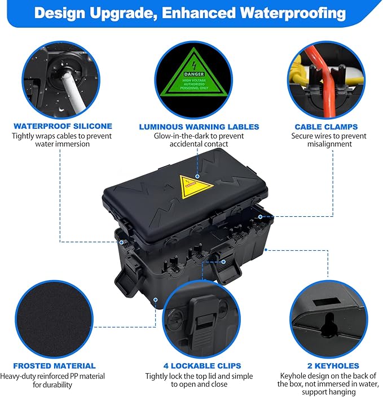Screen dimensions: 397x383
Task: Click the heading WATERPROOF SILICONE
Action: pyautogui.click(x=63, y=126)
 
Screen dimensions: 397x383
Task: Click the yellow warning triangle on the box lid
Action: pyautogui.click(x=196, y=185)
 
